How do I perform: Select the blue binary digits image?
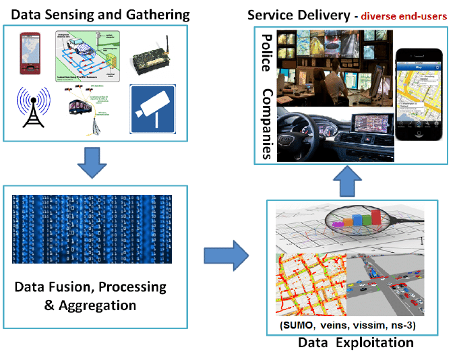tap(92, 229)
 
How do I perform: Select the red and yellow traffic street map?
tap(311, 283)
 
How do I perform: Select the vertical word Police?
tap(267, 55)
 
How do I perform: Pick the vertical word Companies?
tap(267, 124)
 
